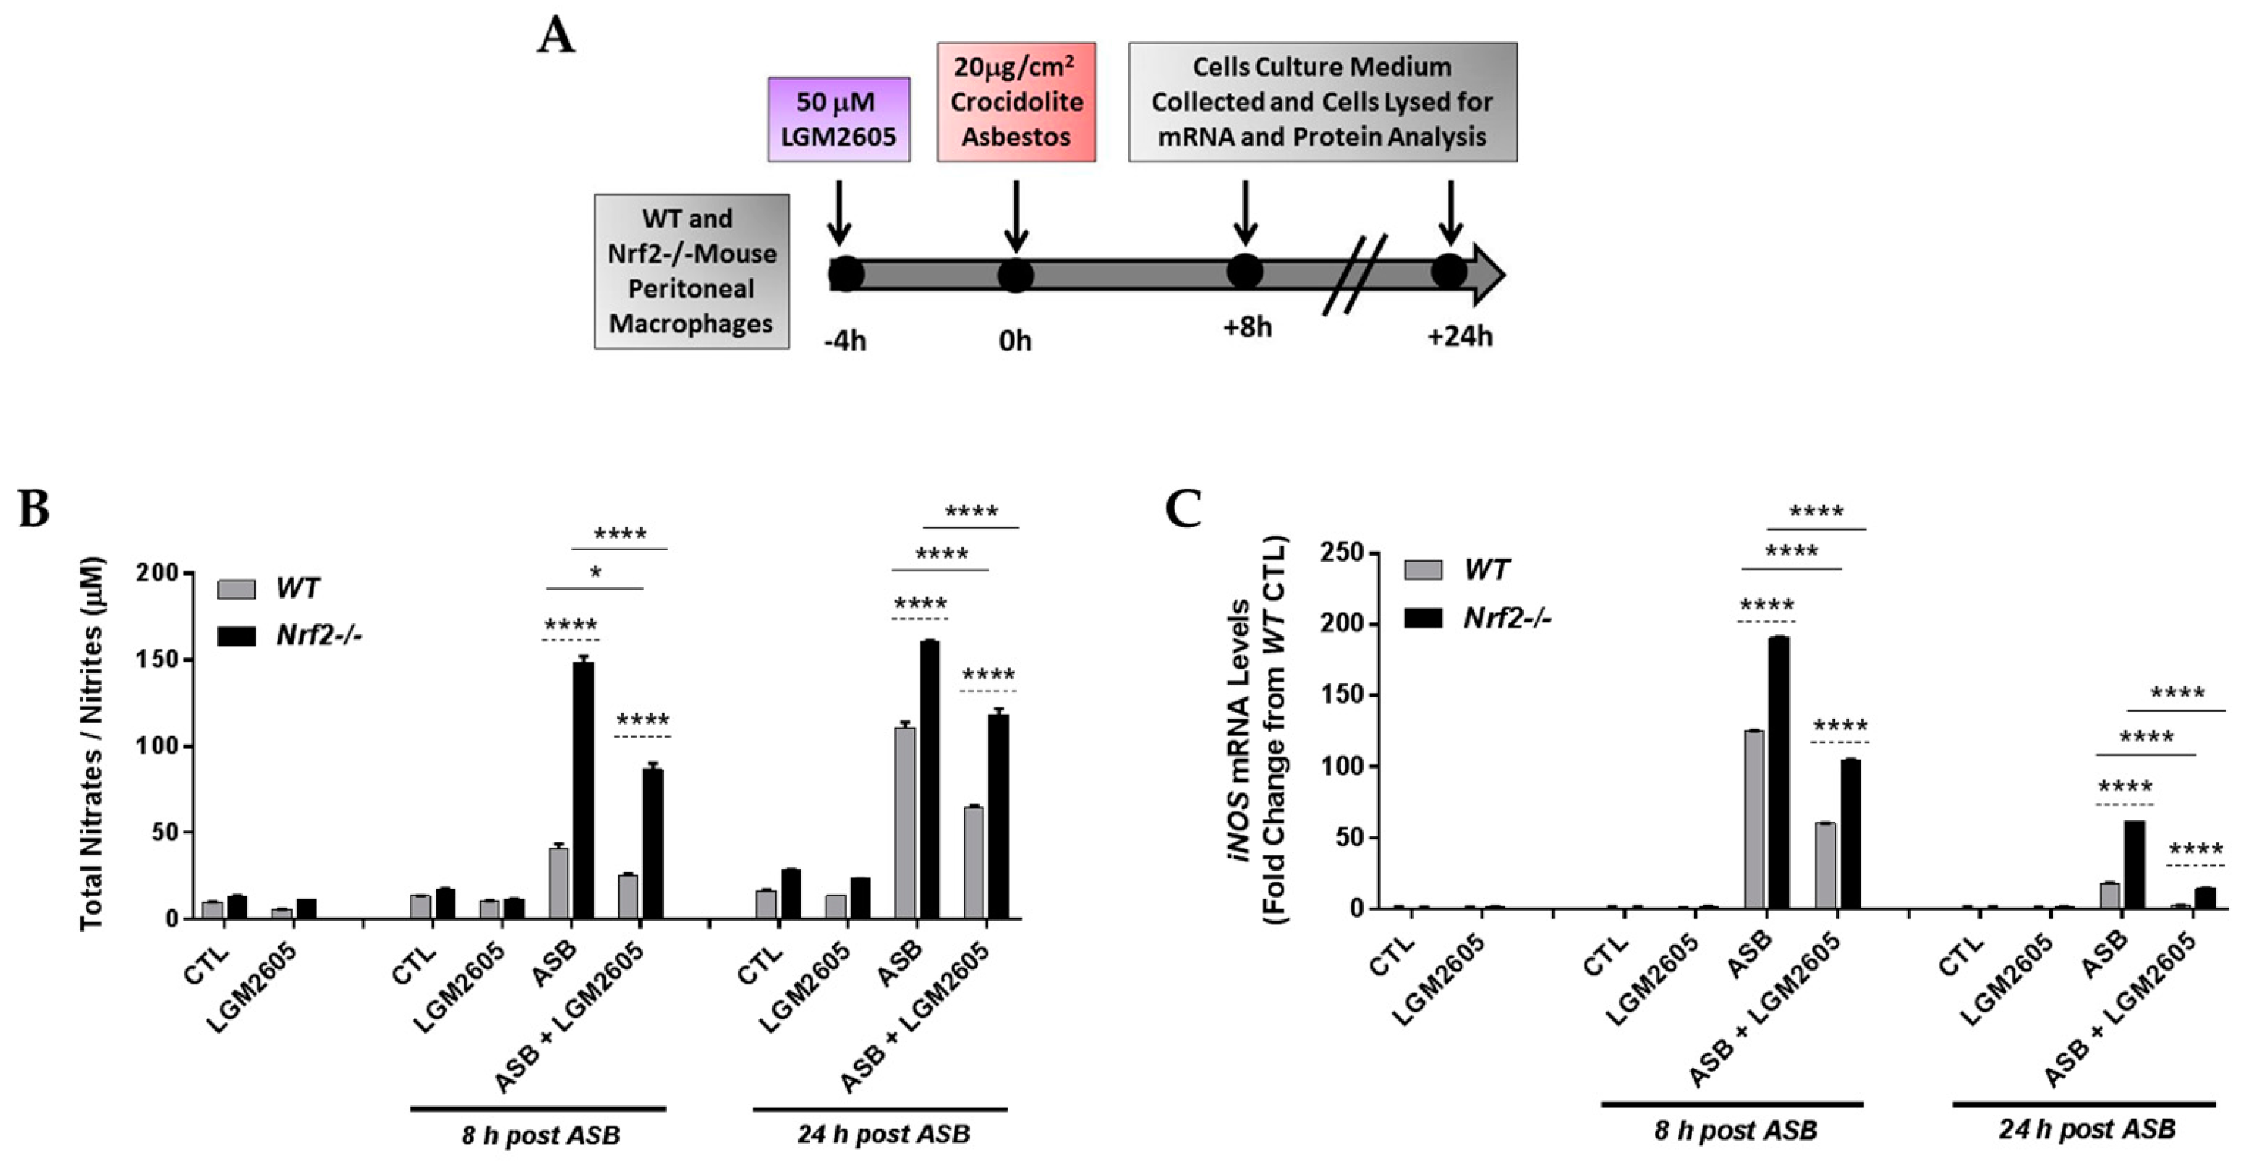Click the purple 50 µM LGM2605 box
(838, 119)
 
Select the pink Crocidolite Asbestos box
(1016, 102)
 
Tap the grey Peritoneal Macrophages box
(691, 271)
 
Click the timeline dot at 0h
(1016, 275)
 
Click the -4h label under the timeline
(845, 339)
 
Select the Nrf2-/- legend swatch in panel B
(235, 636)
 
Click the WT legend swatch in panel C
(1423, 570)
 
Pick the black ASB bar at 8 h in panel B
(584, 789)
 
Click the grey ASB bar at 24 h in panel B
(904, 821)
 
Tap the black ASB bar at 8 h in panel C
(1778, 772)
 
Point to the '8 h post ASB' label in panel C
(1735, 1131)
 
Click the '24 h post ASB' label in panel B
(882, 1135)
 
